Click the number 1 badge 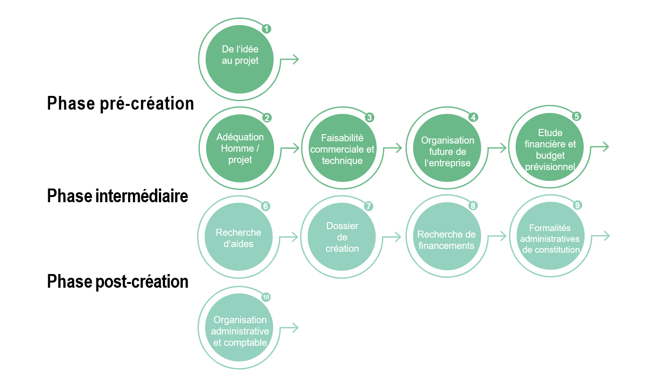pos(267,29)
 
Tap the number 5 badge pos(576,116)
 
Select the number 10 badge pos(266,297)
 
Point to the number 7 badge pos(369,206)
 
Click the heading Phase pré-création pos(121,103)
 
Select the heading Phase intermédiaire pos(118,196)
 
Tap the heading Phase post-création pos(118,282)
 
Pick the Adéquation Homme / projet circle pos(240,148)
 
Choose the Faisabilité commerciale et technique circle pos(342,149)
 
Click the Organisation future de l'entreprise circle pos(447,149)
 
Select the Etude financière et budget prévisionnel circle pos(550,149)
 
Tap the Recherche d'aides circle pos(239,238)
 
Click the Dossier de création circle pos(342,237)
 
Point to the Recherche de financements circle pos(446,237)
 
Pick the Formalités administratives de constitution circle pos(550,237)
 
